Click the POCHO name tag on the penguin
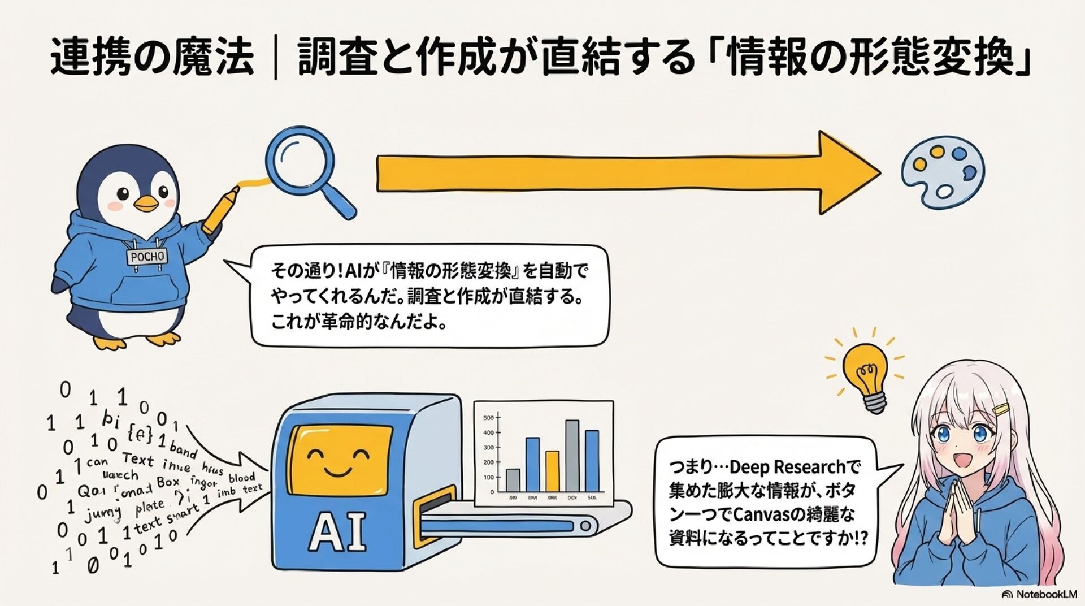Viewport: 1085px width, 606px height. click(x=147, y=257)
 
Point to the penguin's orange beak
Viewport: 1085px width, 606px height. click(x=147, y=203)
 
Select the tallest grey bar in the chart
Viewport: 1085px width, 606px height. click(x=572, y=456)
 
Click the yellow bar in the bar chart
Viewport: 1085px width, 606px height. click(x=552, y=471)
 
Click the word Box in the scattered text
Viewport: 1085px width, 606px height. click(x=168, y=482)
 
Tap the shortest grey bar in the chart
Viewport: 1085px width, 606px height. click(x=513, y=480)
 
